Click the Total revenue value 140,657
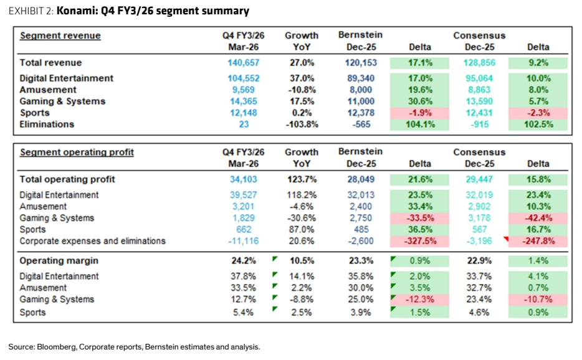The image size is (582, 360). (244, 63)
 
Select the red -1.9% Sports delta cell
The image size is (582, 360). (419, 113)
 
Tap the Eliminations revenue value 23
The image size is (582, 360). (244, 125)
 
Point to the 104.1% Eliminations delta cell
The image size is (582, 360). (419, 125)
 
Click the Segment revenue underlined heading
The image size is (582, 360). (60, 36)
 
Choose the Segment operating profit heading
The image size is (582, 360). (77, 152)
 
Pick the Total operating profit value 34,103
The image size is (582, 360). (244, 179)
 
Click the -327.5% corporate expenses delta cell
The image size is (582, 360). (419, 241)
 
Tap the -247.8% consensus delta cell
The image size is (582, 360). (538, 241)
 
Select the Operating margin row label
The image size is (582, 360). (59, 260)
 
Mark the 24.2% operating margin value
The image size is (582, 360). (244, 261)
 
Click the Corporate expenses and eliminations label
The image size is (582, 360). (92, 241)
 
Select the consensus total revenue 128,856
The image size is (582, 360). (479, 63)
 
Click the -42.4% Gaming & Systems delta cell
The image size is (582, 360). (538, 218)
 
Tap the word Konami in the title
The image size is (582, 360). (77, 11)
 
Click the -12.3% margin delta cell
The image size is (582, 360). (419, 300)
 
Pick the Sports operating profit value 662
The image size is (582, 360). (244, 230)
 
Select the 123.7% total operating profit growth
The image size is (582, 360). (302, 179)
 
